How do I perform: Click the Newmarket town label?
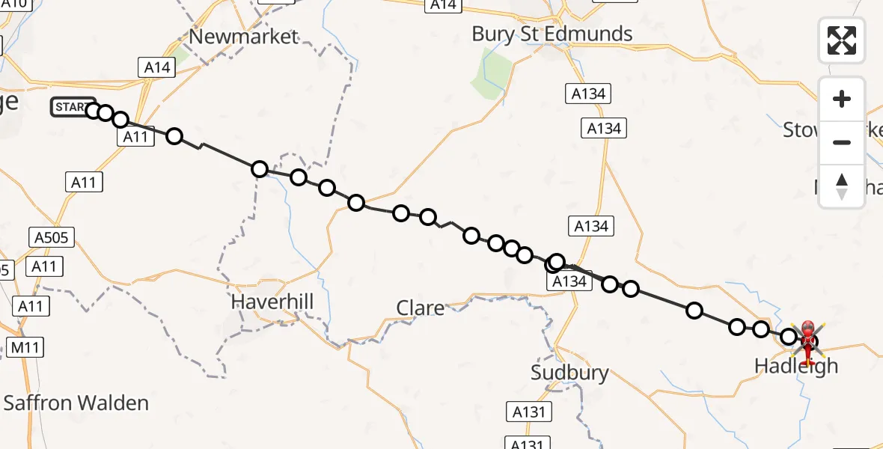point(244,37)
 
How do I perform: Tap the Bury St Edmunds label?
point(552,34)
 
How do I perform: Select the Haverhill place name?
point(272,302)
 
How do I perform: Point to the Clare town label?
point(420,308)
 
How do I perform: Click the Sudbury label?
point(569,373)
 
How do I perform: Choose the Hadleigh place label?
point(796,367)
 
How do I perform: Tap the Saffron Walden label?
point(76,403)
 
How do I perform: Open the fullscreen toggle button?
point(842,40)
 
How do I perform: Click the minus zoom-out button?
point(842,142)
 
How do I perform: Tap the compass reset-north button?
point(842,186)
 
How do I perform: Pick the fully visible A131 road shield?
point(528,411)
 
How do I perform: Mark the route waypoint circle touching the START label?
point(93,111)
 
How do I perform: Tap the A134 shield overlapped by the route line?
point(569,281)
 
